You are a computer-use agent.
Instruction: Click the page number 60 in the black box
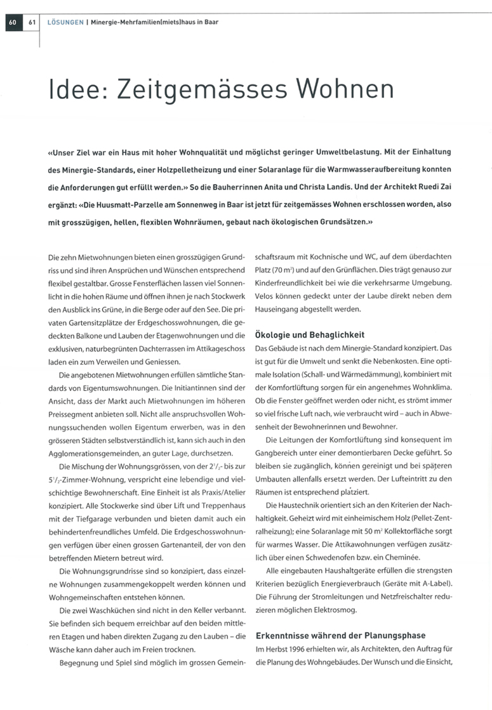click(12, 22)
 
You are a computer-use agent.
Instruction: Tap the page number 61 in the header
click(31, 22)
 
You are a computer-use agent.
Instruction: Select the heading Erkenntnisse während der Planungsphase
click(340, 635)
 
